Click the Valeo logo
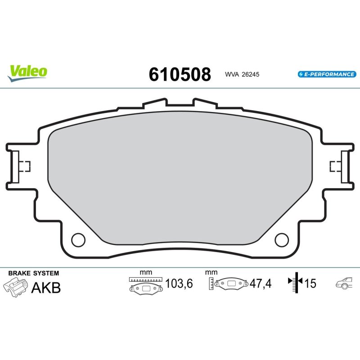coord(27,73)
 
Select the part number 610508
coord(180,74)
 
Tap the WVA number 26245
coord(251,74)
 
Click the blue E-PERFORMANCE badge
coord(327,74)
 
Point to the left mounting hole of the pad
coord(78,240)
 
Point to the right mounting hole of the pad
coord(282,240)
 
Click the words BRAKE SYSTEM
coord(33,273)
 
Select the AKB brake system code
coord(46,288)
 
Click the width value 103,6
coord(179,283)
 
